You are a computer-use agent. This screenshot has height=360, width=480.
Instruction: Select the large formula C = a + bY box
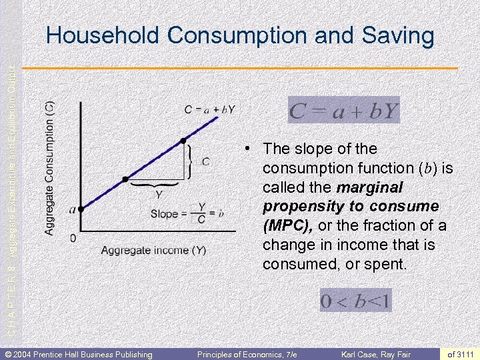point(343,111)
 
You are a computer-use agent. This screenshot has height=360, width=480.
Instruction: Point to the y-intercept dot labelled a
point(80,209)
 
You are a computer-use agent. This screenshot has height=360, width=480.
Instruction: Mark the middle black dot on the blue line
point(125,180)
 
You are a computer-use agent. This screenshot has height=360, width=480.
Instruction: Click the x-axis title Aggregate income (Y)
point(153,251)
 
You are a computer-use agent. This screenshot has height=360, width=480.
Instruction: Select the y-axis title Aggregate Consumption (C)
point(50,168)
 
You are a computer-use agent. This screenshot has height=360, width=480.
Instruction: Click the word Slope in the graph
point(165,214)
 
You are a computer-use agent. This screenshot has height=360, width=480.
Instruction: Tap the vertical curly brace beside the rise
point(193,161)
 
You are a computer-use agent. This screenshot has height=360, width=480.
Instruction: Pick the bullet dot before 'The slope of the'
point(247,147)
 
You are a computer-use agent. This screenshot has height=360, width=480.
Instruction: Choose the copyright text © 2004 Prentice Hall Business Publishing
point(79,353)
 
